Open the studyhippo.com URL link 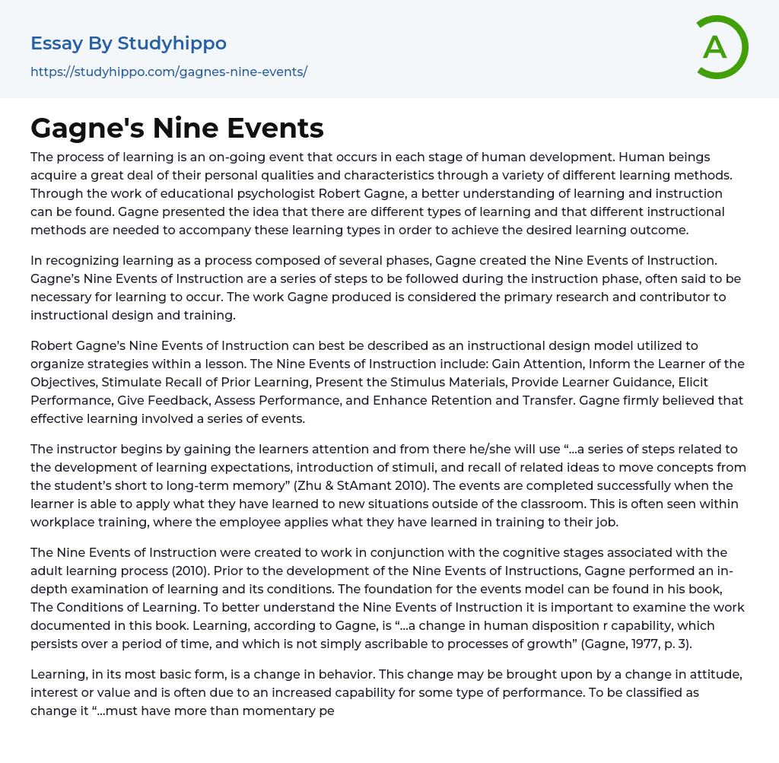click(169, 72)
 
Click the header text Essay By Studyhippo click(129, 43)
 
